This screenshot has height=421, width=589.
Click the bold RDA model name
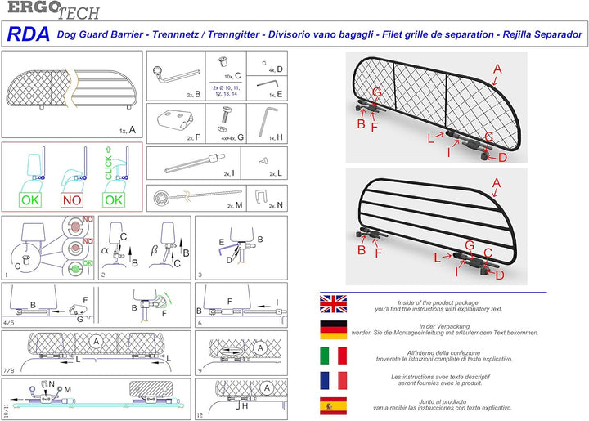(29, 34)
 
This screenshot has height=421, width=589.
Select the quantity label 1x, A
(127, 129)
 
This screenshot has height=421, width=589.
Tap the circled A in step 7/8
(96, 339)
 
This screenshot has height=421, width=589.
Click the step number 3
(200, 275)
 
